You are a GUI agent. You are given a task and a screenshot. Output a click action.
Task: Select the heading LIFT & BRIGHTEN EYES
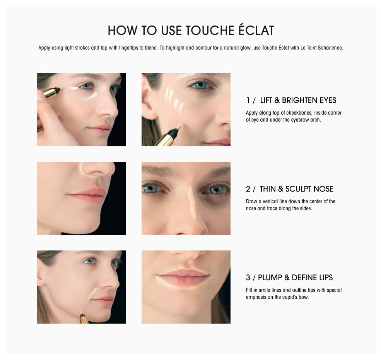[298, 101]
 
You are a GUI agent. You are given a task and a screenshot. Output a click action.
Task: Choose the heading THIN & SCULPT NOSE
[296, 189]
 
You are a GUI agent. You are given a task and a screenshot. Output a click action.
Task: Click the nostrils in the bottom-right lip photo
[184, 256]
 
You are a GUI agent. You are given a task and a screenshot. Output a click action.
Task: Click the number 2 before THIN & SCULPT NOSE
[248, 189]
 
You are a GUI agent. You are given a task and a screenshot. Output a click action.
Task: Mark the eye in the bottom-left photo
[89, 262]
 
